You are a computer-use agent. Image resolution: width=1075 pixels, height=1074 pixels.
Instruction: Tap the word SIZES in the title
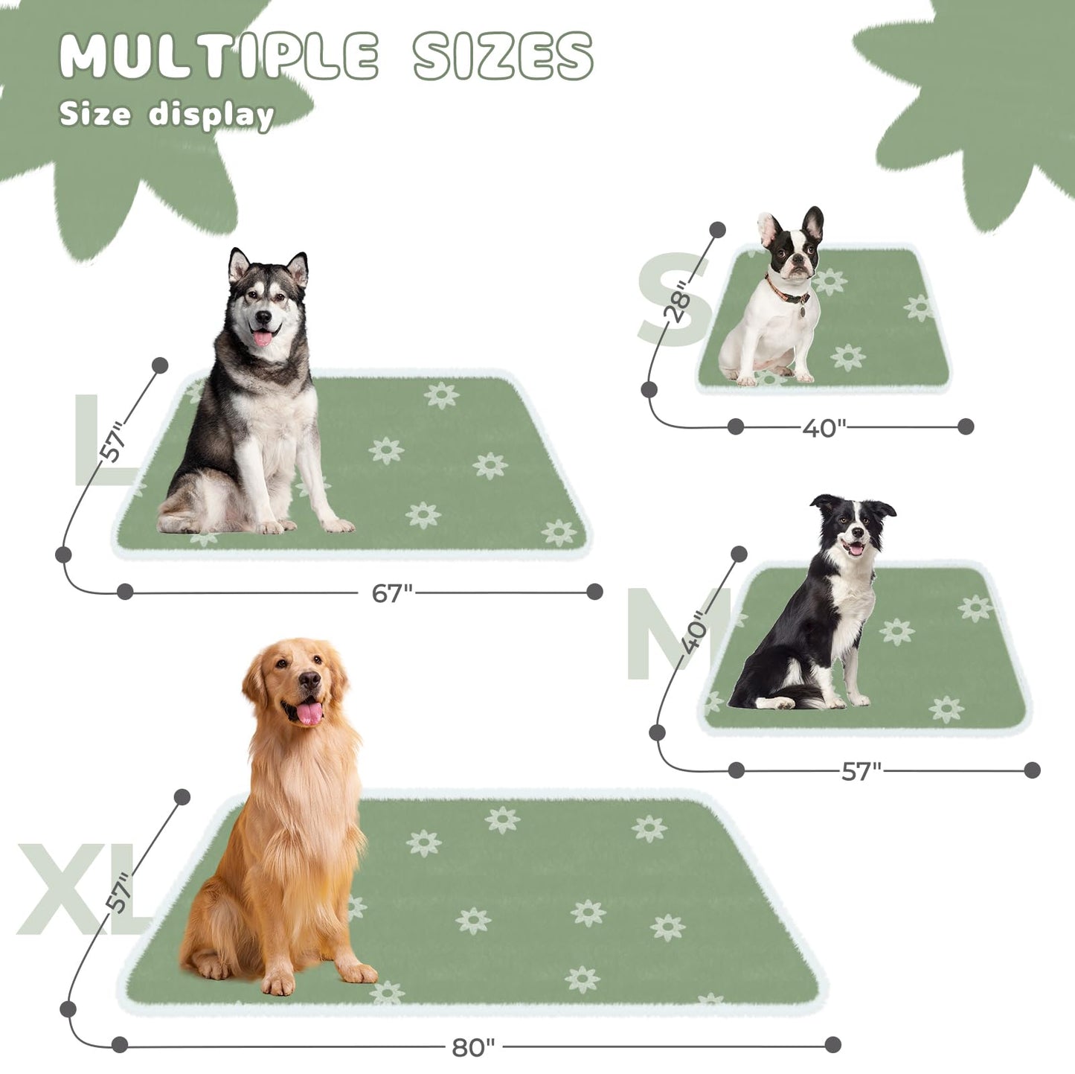tap(503, 57)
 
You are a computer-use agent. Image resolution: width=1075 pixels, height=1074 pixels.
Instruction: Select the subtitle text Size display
tap(167, 115)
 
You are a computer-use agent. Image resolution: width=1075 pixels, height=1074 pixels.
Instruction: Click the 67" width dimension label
tap(391, 593)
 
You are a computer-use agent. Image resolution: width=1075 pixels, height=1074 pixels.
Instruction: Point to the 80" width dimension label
tap(472, 1047)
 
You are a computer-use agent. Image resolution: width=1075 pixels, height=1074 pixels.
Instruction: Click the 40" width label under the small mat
tap(824, 428)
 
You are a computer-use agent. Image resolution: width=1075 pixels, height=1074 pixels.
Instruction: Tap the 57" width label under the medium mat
tap(861, 771)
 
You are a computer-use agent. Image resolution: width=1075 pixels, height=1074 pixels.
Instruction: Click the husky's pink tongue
tap(263, 339)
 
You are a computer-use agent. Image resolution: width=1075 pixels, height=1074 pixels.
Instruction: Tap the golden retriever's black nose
tap(309, 679)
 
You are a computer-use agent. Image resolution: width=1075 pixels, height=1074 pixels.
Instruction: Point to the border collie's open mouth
tap(856, 549)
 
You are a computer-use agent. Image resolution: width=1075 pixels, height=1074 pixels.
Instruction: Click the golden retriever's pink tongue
tap(309, 713)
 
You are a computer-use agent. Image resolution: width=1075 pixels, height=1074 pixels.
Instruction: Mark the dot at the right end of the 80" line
tap(833, 1045)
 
